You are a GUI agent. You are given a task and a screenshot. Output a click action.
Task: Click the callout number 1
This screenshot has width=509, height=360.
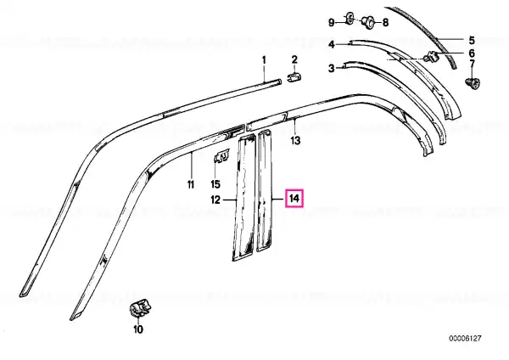(x=264, y=60)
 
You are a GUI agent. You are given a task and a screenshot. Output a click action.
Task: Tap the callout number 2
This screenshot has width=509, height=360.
(x=294, y=59)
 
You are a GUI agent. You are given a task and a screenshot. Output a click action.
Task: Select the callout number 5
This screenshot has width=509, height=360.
(x=472, y=40)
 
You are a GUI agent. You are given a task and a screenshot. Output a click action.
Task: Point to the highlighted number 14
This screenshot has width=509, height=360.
(x=294, y=198)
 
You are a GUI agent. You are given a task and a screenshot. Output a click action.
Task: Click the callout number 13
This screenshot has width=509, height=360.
(x=295, y=141)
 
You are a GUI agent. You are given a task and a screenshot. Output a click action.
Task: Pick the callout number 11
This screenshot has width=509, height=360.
(x=191, y=184)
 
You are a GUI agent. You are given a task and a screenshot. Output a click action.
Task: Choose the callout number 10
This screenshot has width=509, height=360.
(x=138, y=329)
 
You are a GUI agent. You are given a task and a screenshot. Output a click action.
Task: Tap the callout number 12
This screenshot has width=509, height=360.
(x=215, y=200)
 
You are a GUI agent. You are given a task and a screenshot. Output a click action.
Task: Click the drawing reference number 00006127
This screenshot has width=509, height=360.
(x=465, y=339)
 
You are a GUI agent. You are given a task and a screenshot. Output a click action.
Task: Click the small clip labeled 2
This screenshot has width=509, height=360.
(x=294, y=78)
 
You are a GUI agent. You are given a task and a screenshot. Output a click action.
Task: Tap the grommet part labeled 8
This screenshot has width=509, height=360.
(x=368, y=22)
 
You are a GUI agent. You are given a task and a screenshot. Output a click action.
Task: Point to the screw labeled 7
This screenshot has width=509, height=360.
(x=473, y=83)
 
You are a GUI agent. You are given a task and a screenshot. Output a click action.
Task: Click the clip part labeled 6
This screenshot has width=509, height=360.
(x=432, y=57)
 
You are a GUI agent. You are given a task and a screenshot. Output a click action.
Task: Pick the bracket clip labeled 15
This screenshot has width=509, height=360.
(x=221, y=156)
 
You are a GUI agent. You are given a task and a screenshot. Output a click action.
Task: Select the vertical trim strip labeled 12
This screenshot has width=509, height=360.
(x=243, y=198)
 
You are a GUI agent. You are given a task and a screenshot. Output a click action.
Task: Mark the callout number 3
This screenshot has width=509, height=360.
(x=331, y=69)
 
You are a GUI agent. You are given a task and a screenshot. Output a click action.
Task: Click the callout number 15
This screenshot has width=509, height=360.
(x=215, y=184)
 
